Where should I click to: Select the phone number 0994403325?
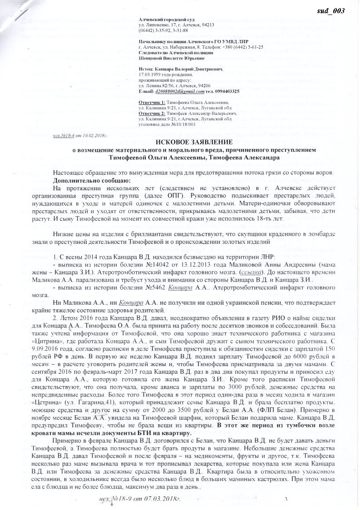[225, 91]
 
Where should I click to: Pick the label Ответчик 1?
[152, 103]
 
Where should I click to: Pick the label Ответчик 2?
[152, 113]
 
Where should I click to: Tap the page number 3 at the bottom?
[286, 500]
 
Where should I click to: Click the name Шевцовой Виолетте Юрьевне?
[171, 58]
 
